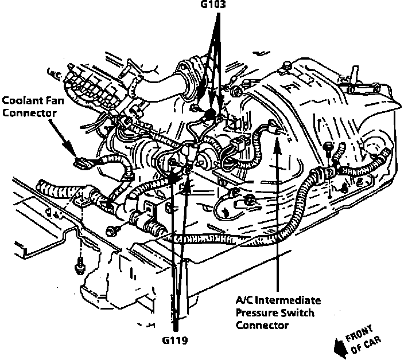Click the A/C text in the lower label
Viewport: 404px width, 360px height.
pyautogui.click(x=244, y=301)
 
